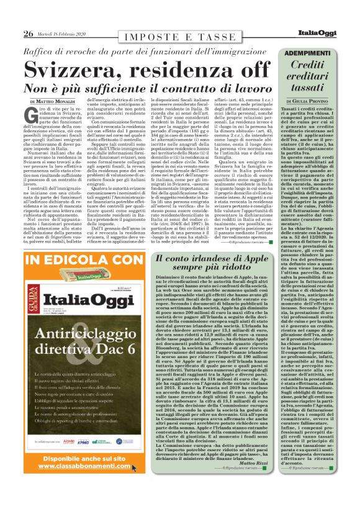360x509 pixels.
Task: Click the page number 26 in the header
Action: pos(29,33)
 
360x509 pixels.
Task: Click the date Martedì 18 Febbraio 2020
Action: pos(65,33)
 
